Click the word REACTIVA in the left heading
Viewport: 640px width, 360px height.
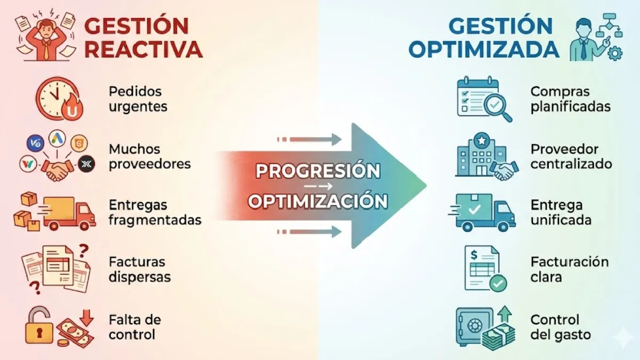[143, 49]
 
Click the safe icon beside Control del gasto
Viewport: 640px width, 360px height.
[473, 325]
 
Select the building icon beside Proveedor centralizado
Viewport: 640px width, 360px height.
[473, 155]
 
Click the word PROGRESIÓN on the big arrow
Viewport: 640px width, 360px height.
[318, 171]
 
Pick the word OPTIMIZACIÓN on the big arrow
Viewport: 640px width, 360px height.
[318, 202]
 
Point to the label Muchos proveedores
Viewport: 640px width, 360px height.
[149, 156]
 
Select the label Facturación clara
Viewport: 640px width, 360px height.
[569, 269]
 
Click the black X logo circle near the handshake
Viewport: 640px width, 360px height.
[86, 164]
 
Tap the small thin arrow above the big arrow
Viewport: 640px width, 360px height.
[309, 140]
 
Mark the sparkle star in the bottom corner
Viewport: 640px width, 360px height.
[622, 338]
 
